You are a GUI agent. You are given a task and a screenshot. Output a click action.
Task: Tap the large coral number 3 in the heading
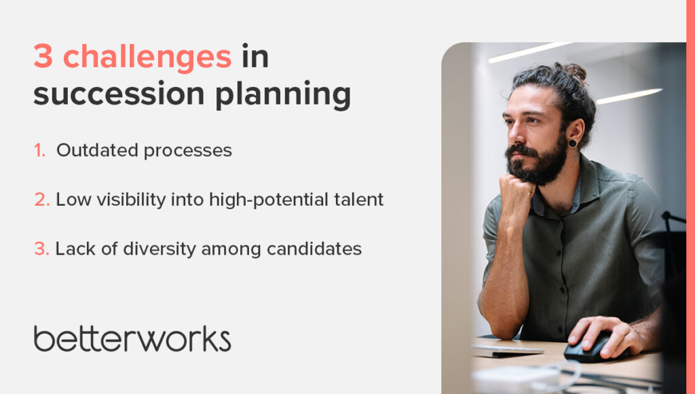coord(43,56)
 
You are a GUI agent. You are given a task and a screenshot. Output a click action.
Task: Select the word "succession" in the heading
coord(119,94)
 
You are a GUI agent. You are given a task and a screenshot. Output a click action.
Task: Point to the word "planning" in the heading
coord(283,95)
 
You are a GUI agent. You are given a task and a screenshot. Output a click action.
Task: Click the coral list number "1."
coord(39,150)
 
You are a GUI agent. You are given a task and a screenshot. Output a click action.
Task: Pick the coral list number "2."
coord(41,200)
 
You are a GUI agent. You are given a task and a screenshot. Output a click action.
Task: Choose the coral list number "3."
coord(41,249)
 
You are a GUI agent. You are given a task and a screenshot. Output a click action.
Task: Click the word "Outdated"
coord(98,150)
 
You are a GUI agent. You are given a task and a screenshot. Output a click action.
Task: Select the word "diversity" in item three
coord(159,249)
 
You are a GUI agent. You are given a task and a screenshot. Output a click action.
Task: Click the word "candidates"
coord(314,249)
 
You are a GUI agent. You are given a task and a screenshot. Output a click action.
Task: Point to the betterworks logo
coord(132,338)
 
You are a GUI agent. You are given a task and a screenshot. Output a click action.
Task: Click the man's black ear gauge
coord(572,143)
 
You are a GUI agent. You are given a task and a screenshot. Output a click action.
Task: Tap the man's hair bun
coord(574,71)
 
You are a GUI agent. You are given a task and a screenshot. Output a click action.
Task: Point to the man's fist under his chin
coord(516,191)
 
